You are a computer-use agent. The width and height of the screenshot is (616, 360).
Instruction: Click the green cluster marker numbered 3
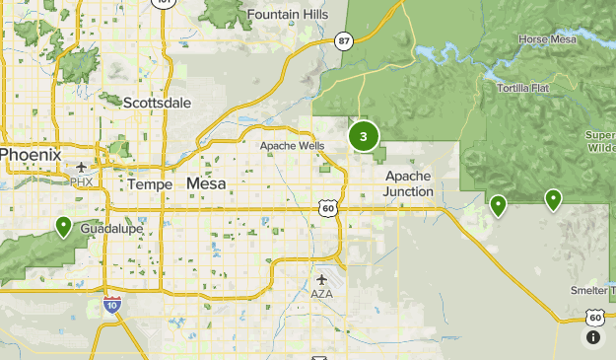[x=364, y=136]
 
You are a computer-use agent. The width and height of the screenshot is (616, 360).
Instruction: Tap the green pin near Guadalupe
[x=63, y=228]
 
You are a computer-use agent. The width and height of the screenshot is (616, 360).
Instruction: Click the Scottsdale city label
[x=158, y=102]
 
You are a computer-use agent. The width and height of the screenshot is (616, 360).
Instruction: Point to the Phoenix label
[x=31, y=155]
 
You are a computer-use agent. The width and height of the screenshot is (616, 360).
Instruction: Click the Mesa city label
[x=206, y=183]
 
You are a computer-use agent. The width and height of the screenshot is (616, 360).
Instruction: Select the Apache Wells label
[x=292, y=146]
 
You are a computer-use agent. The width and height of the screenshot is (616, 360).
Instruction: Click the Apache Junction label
[x=408, y=183]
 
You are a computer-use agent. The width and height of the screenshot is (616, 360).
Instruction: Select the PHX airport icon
[x=81, y=170]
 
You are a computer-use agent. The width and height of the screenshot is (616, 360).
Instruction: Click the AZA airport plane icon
[x=322, y=279]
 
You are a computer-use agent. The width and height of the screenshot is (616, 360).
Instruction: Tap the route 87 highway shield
[x=343, y=40]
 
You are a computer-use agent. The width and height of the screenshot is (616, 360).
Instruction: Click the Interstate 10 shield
[x=112, y=307]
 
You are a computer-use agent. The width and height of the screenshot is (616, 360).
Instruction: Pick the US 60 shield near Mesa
[x=328, y=208]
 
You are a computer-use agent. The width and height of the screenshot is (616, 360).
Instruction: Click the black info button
[x=593, y=337]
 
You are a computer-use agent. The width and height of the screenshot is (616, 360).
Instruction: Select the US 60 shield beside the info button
[x=594, y=317]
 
